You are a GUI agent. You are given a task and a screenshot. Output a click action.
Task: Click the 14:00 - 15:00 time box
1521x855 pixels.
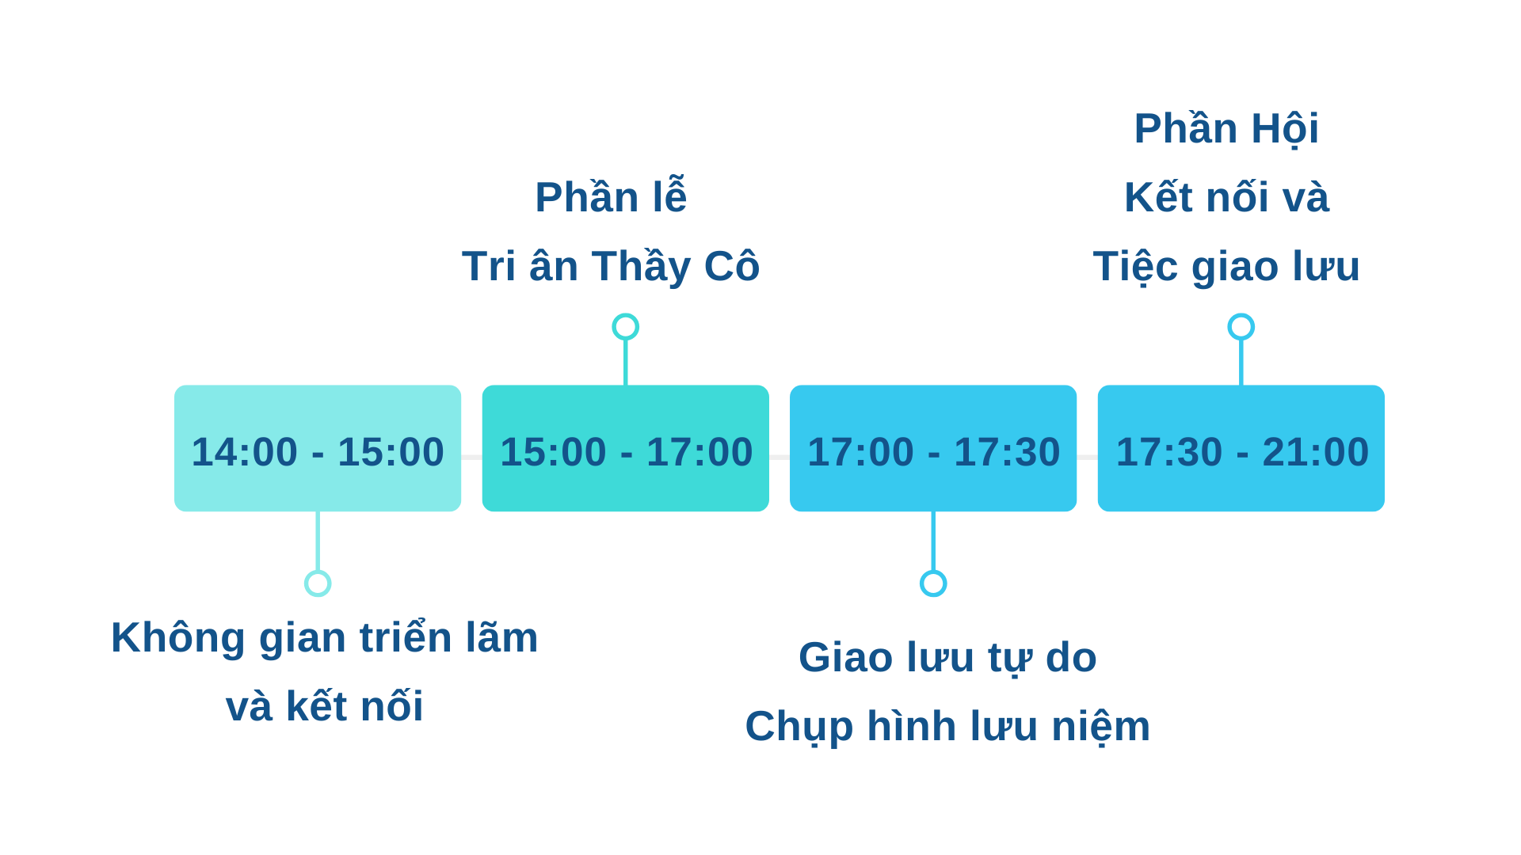pyautogui.click(x=318, y=448)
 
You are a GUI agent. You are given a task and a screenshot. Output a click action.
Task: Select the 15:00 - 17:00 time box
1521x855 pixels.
pyautogui.click(x=626, y=448)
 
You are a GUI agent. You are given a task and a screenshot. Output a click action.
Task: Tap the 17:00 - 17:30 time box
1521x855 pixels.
pyautogui.click(x=933, y=448)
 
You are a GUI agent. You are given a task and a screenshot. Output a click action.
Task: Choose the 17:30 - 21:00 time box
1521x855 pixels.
pyautogui.click(x=1241, y=448)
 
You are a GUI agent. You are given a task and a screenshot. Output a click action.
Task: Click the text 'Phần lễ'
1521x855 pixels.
pyautogui.click(x=611, y=196)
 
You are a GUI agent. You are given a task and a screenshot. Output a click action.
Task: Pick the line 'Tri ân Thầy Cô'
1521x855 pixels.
pyautogui.click(x=611, y=266)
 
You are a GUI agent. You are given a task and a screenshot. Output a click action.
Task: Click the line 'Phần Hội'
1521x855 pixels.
pyautogui.click(x=1226, y=128)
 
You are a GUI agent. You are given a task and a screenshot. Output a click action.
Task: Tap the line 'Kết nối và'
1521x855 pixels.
pyautogui.click(x=1226, y=196)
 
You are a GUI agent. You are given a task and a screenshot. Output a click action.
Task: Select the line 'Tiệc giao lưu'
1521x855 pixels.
pyautogui.click(x=1226, y=266)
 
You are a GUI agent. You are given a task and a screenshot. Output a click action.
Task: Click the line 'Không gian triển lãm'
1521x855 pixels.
pyautogui.click(x=325, y=637)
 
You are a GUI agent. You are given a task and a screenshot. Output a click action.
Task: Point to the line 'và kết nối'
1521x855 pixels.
pyautogui.click(x=325, y=705)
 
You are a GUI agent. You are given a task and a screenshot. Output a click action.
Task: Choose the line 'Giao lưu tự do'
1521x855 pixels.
pyautogui.click(x=947, y=657)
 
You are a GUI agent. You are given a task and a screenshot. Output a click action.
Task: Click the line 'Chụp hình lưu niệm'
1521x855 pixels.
pyautogui.click(x=947, y=726)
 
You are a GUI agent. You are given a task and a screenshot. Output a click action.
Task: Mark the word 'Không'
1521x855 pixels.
pyautogui.click(x=178, y=637)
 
